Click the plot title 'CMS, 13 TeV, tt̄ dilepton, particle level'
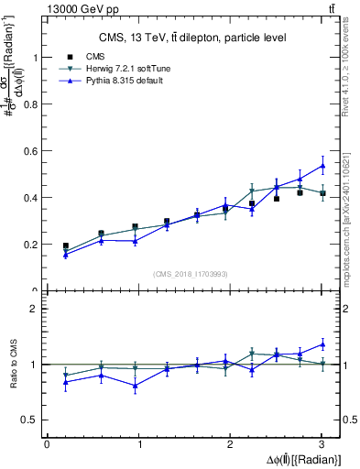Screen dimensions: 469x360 [192, 38]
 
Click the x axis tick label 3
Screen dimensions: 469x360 [322, 444]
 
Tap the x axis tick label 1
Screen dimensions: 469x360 [138, 444]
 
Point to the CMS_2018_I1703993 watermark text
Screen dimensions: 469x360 [191, 274]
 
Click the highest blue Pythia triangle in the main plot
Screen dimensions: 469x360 [322, 166]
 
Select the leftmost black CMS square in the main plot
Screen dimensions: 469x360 [65, 245]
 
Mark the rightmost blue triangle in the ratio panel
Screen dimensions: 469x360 [322, 344]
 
